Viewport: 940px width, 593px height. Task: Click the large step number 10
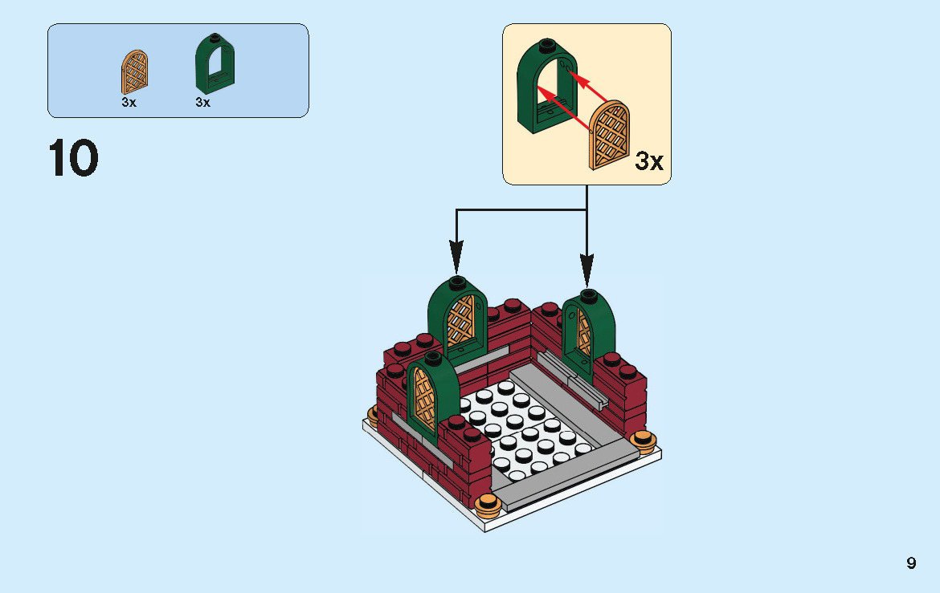coord(74,159)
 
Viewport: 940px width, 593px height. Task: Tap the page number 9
coord(910,563)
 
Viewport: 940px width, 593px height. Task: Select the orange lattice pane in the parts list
coord(134,72)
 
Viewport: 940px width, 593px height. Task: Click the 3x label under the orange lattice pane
coord(129,103)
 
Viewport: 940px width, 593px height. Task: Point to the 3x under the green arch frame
coord(202,103)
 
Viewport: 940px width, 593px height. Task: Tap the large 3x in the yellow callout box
coord(648,161)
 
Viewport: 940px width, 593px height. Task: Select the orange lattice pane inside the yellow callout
coord(610,134)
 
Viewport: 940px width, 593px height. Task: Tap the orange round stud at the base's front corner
coord(487,505)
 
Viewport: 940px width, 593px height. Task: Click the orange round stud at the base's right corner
coord(643,440)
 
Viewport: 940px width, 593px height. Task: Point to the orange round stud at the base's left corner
coord(373,414)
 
